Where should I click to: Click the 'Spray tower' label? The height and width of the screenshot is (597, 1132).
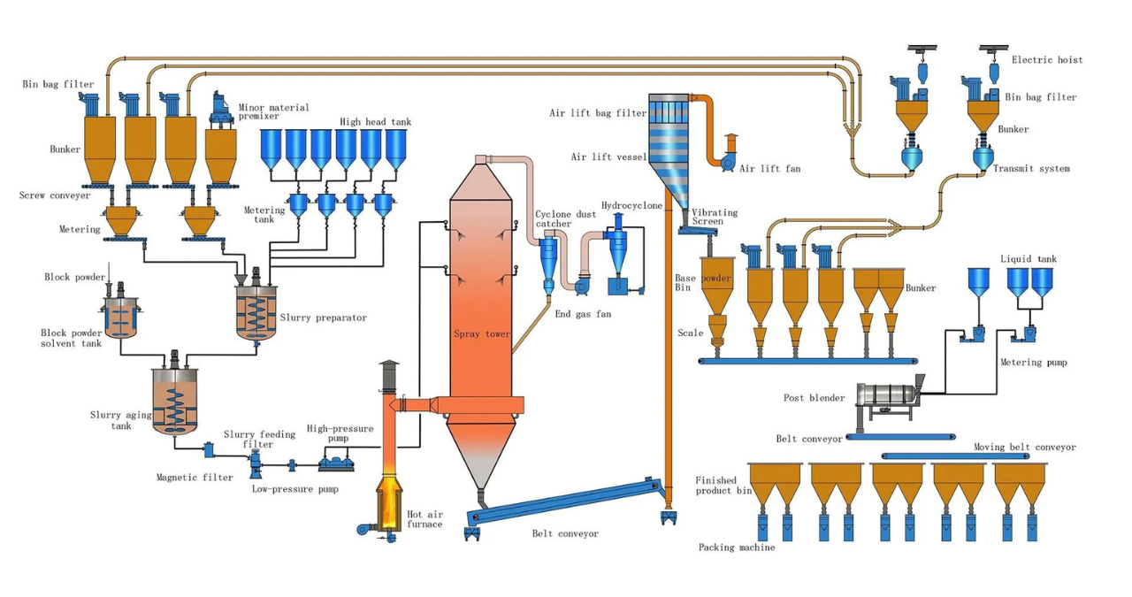click(x=482, y=334)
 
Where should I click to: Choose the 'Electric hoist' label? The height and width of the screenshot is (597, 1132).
click(x=1047, y=60)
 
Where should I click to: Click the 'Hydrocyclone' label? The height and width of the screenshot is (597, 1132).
click(x=631, y=205)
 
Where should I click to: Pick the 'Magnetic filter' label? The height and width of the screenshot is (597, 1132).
click(x=195, y=478)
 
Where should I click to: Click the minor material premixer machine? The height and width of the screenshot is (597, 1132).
click(x=221, y=108)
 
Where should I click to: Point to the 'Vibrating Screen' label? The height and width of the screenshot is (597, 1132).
click(x=714, y=217)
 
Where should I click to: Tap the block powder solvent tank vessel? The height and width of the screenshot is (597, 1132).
click(x=119, y=314)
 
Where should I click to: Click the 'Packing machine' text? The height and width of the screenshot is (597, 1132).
click(x=736, y=547)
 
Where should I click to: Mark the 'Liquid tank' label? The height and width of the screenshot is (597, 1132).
click(x=1028, y=259)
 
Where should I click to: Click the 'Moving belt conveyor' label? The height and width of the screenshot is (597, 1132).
click(x=1024, y=448)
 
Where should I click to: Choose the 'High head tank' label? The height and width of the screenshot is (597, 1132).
click(x=375, y=122)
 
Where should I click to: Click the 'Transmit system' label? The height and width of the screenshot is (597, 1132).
click(x=1030, y=168)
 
